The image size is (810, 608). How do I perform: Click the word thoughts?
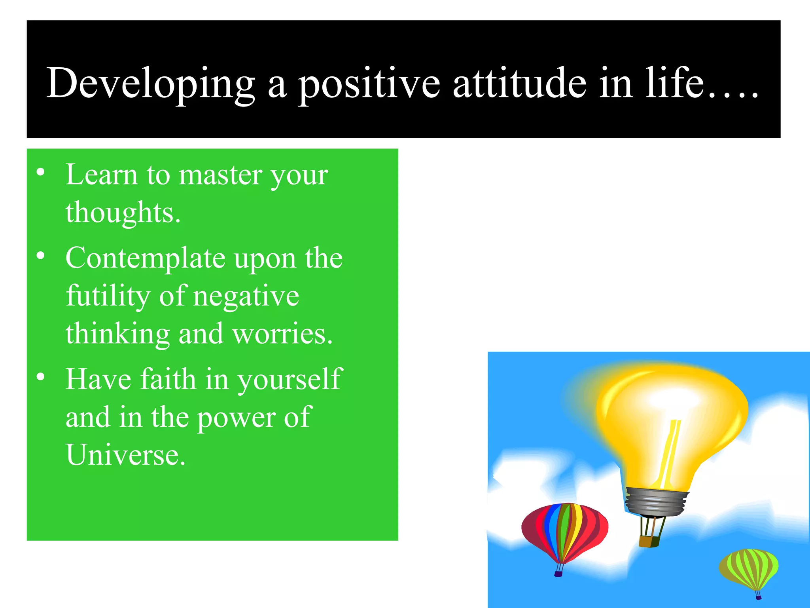point(123,213)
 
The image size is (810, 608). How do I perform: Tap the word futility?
point(108,296)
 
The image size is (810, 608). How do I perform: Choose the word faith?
point(168,379)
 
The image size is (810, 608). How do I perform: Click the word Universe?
point(125,455)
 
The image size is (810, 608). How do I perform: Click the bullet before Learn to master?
point(40,173)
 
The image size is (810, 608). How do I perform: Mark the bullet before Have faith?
point(40,376)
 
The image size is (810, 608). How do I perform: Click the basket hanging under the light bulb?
point(649,541)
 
